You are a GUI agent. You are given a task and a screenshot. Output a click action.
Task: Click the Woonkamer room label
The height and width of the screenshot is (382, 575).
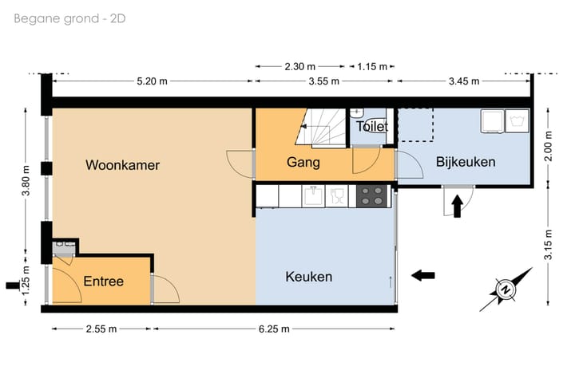click(123, 166)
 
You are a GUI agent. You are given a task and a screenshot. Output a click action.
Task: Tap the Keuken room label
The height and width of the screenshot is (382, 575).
click(308, 277)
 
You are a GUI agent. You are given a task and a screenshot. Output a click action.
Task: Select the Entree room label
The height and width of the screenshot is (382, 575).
click(104, 282)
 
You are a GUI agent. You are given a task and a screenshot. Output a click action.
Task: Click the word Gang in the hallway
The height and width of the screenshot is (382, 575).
click(303, 163)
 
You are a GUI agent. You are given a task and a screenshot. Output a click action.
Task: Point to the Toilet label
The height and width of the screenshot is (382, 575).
click(371, 127)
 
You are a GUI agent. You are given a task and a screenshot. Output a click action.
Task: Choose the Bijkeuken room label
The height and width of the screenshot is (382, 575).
click(466, 162)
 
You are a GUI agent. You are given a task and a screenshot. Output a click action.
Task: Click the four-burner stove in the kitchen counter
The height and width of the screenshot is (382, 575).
click(371, 195)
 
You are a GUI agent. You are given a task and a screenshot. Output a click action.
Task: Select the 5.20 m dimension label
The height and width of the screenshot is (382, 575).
click(152, 81)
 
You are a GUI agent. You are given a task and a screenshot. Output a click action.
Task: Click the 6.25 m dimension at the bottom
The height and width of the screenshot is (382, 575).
click(274, 329)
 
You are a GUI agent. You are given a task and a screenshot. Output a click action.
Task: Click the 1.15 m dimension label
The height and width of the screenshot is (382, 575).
click(372, 66)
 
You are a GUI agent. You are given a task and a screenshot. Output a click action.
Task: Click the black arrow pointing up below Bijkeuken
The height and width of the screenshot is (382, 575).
click(457, 207)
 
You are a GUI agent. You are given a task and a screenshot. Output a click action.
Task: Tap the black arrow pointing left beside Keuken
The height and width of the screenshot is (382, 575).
click(422, 275)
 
